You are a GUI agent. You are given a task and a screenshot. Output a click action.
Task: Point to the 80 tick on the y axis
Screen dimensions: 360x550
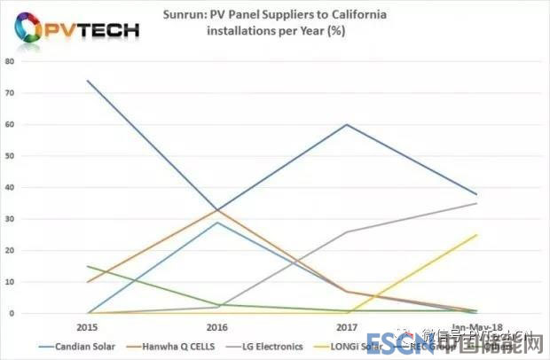(x=9, y=61)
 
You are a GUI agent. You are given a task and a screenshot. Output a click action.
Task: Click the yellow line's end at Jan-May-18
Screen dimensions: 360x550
(x=476, y=235)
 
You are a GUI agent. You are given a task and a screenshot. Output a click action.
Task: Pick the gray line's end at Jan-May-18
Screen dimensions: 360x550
(x=476, y=203)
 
